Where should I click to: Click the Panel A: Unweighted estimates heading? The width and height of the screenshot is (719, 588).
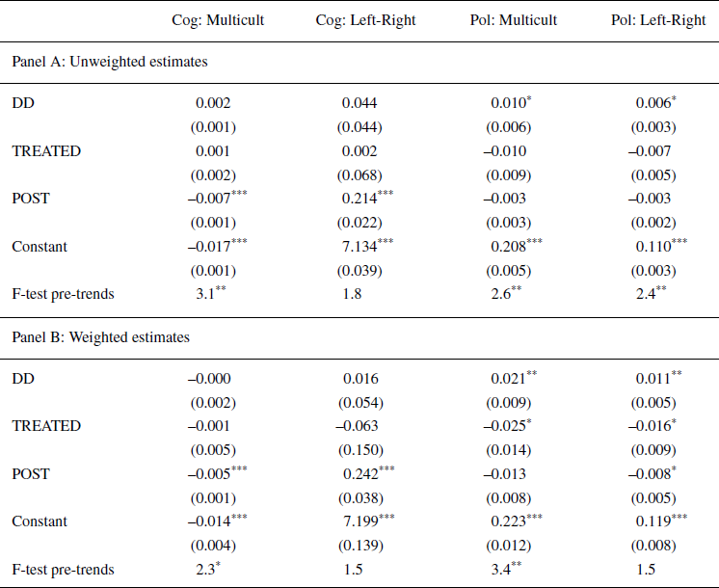point(110,62)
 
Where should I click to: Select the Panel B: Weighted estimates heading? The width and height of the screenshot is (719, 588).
point(101,337)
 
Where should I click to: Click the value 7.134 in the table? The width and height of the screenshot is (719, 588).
point(359,247)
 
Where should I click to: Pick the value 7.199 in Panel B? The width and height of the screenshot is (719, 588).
point(359,521)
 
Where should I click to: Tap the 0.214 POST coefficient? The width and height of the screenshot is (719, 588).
point(359,199)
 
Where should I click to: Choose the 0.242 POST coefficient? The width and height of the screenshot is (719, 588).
point(359,473)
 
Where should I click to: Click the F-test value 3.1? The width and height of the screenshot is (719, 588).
point(205,294)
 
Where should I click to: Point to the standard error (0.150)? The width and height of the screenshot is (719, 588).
point(359,449)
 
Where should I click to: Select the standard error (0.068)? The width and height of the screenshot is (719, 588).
point(359,174)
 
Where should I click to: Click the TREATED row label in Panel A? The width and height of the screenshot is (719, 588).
point(46,151)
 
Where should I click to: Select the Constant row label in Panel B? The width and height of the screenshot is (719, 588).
point(40,521)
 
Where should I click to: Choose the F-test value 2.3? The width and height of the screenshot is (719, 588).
point(205,570)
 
